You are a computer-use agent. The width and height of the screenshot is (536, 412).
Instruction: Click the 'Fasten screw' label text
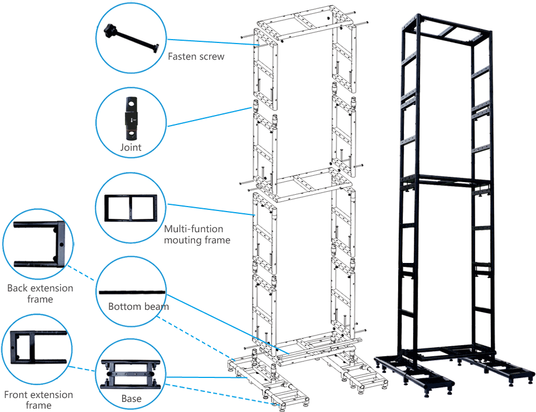[196, 56]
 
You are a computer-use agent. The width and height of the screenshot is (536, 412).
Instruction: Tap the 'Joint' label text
[131, 148]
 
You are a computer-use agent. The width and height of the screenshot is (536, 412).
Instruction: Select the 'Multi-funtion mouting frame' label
[197, 234]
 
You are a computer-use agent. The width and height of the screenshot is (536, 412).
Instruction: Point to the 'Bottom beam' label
[138, 306]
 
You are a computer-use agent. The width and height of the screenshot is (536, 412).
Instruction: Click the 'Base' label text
[131, 399]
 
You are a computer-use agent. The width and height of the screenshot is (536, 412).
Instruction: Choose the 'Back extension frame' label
[40, 294]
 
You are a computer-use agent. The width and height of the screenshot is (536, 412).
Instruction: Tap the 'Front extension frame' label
[38, 400]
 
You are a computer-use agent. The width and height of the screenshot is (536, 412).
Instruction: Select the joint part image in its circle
[131, 118]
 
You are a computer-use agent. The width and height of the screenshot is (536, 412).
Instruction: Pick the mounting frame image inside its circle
[131, 207]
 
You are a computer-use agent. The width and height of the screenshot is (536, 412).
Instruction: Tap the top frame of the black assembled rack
[450, 27]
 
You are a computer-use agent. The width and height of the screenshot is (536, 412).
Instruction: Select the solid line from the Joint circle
[211, 116]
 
